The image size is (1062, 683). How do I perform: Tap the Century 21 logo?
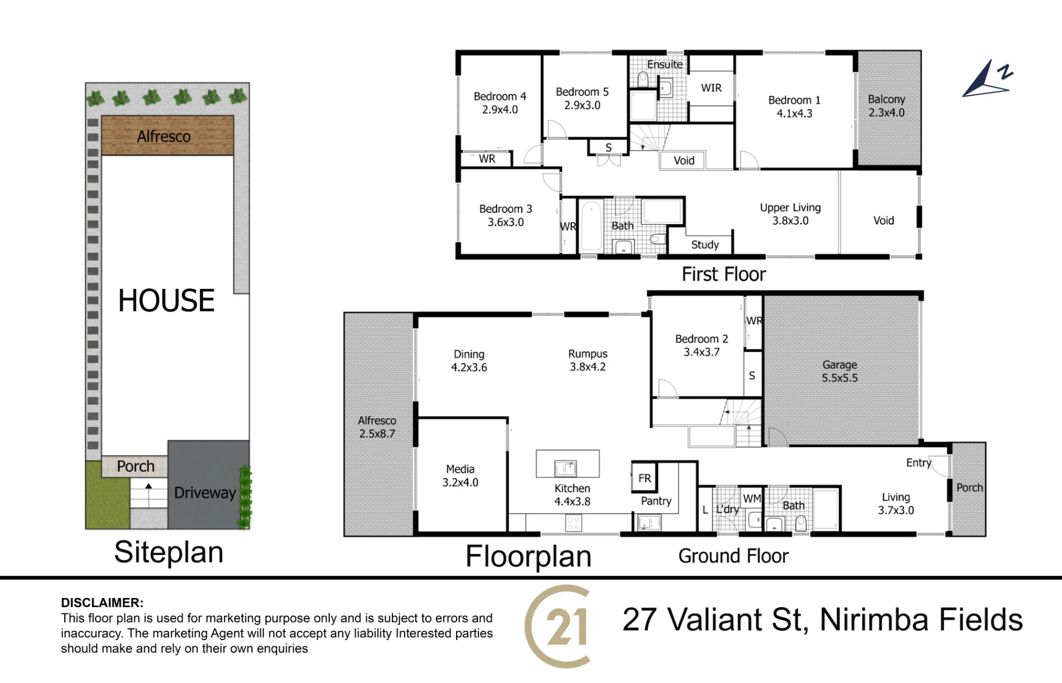coord(558,626)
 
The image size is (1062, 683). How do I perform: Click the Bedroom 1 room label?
coord(794,106)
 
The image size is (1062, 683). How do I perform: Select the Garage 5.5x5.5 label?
coord(840,371)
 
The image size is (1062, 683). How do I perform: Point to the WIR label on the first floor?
coord(711,88)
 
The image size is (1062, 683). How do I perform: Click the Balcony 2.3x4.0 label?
coord(886,106)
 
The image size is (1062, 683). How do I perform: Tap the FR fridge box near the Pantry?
coord(645,477)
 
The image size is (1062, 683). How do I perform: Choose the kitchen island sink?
coord(566,468)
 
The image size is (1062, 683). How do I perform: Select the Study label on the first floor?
coord(705,244)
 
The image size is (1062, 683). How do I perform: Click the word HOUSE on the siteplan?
coord(166,301)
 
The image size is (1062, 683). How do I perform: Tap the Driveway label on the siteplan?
coord(205,492)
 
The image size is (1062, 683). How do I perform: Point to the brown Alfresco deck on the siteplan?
coord(167,135)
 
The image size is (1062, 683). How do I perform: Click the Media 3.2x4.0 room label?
coord(460,476)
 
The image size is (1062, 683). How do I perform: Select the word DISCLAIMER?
coord(102,603)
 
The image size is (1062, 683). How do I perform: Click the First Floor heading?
coord(724,274)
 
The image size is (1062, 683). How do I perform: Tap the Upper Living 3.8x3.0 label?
coord(790,214)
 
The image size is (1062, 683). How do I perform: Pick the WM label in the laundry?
coord(752,498)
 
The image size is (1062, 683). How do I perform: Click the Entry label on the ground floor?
coord(919,463)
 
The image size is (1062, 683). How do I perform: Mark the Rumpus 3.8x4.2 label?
coord(588,360)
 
